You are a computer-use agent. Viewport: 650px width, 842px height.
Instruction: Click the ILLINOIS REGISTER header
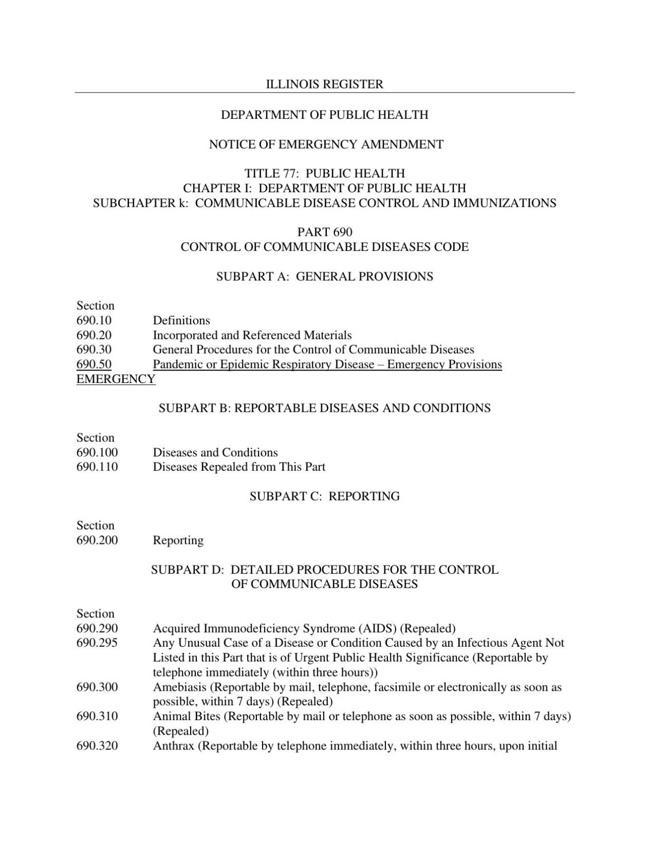[324, 84]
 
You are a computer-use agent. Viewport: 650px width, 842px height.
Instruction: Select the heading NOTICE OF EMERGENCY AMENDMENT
[326, 144]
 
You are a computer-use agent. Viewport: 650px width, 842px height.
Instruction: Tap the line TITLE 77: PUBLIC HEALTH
[324, 173]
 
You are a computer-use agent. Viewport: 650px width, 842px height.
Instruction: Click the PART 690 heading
[325, 232]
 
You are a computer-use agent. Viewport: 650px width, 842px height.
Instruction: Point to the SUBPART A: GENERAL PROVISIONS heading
[324, 277]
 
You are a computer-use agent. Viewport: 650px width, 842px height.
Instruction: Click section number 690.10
[94, 321]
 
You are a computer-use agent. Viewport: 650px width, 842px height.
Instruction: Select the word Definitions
[181, 321]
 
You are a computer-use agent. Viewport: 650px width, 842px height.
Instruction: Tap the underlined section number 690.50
[94, 364]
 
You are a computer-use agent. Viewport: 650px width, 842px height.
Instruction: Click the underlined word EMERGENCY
[116, 379]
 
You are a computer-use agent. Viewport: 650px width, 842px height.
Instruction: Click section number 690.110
[97, 467]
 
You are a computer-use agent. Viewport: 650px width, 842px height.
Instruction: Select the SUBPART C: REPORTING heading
[324, 497]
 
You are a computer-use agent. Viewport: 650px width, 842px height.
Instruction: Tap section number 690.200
[97, 540]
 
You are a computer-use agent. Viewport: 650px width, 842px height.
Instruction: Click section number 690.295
[97, 643]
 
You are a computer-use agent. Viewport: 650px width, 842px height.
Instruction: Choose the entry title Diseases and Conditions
[215, 453]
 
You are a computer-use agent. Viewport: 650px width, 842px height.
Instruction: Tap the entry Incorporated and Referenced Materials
[252, 336]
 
